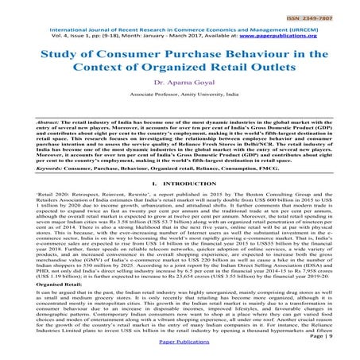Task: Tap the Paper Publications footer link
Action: [x=180, y=351]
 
